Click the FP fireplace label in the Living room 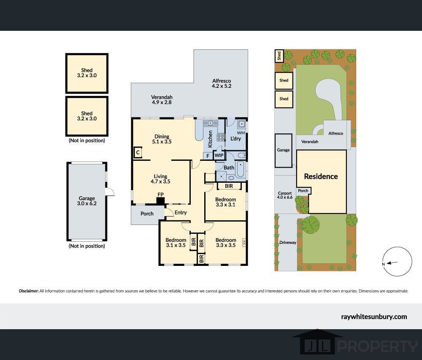160,194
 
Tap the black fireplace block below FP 160,201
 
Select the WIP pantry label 219,155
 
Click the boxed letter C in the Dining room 138,152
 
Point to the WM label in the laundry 241,133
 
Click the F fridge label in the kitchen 208,156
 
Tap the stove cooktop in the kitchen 221,138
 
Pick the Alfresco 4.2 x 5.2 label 222,84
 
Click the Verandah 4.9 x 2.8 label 162,100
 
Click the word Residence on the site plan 321,176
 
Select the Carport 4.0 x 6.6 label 285,195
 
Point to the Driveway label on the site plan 288,242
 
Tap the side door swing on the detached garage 110,192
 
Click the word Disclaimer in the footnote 29,291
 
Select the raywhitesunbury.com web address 374,317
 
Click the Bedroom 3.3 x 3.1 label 225,202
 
